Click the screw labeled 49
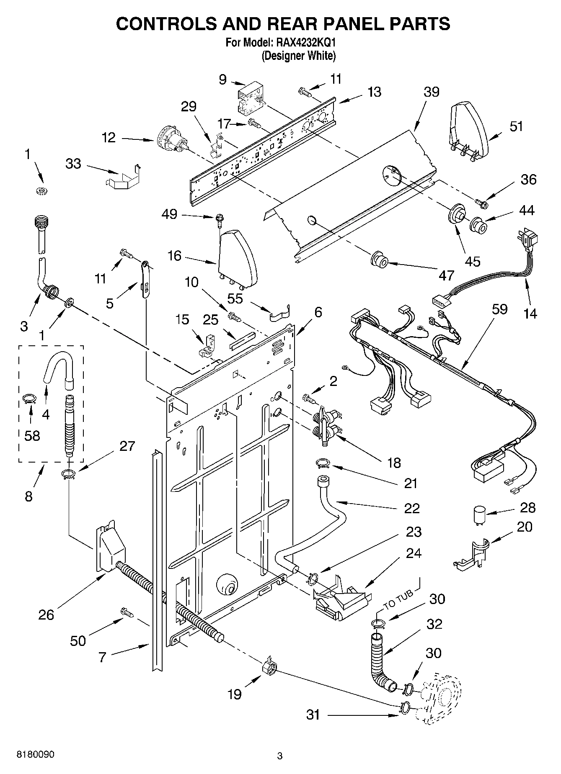point(219,219)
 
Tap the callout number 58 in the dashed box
point(32,436)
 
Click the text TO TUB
point(398,599)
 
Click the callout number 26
point(46,615)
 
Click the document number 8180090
point(35,754)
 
